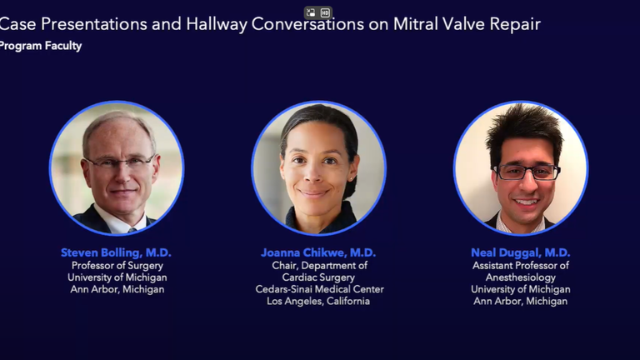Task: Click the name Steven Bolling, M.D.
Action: tap(116, 252)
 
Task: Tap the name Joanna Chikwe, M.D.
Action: tap(318, 252)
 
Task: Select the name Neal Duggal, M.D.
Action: tap(520, 252)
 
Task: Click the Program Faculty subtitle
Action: tap(40, 46)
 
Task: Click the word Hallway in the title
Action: tap(217, 24)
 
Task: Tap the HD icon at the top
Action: tap(325, 13)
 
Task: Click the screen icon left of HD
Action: tap(311, 13)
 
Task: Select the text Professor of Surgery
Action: tap(117, 266)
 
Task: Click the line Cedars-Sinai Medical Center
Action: tap(320, 289)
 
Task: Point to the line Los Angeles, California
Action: tap(318, 301)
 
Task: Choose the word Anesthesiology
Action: tap(520, 277)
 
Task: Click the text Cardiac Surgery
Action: tap(318, 277)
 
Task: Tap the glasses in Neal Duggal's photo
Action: tap(527, 172)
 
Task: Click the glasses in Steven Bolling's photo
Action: tap(121, 162)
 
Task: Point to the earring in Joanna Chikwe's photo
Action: tap(350, 179)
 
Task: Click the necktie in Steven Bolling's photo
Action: tap(132, 231)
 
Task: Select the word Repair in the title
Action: tap(515, 24)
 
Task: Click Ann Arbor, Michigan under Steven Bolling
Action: tap(117, 289)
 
